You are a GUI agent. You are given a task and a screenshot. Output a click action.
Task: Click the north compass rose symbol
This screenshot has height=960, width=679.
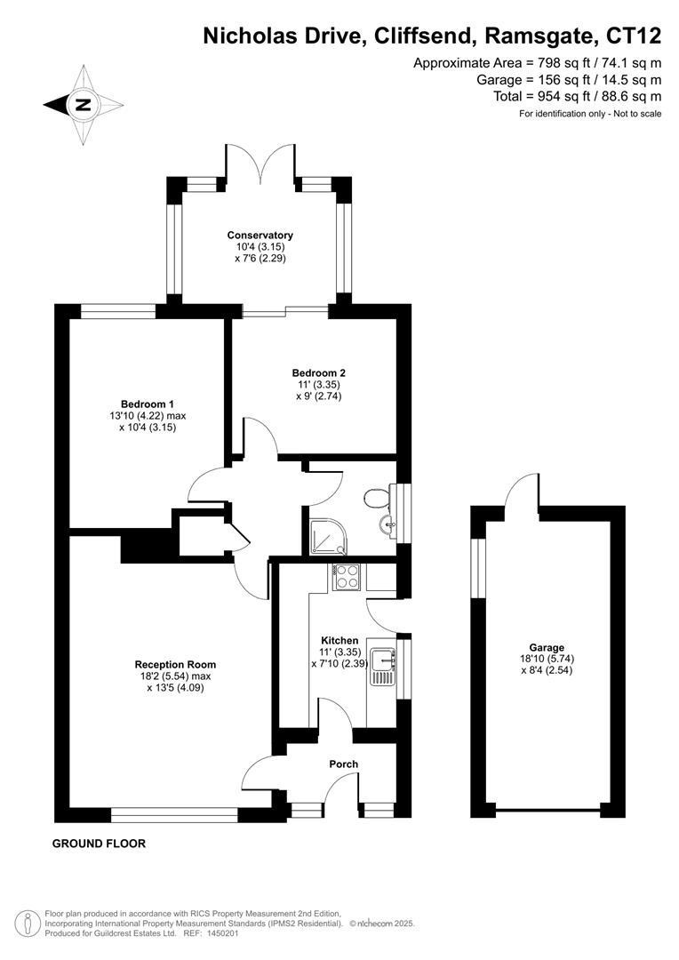coord(84,105)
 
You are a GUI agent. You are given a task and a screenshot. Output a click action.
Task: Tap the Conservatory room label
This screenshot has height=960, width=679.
coord(260,235)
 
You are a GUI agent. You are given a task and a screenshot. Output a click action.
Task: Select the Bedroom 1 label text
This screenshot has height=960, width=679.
coord(148,404)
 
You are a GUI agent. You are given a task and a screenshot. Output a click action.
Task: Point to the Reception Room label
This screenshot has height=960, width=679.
coord(175,664)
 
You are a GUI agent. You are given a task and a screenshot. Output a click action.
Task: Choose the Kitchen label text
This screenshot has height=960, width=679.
coord(339,640)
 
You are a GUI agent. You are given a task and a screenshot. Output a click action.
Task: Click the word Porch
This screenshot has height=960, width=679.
coord(343,764)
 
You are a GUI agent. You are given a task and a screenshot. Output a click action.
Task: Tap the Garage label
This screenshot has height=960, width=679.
coord(547,648)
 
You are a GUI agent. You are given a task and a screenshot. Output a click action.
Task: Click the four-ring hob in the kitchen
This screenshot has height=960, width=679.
coord(346,577)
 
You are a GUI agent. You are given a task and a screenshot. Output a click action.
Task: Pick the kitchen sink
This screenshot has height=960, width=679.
coord(385,662)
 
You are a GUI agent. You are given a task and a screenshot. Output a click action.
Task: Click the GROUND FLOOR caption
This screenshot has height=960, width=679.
coord(99,844)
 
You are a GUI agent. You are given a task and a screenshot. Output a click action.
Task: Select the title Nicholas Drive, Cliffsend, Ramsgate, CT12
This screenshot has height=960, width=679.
coord(432,36)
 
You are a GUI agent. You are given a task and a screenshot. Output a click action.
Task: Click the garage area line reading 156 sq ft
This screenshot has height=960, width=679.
coord(569,79)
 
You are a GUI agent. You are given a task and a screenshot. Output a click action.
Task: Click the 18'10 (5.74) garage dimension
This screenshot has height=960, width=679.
coord(547,659)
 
